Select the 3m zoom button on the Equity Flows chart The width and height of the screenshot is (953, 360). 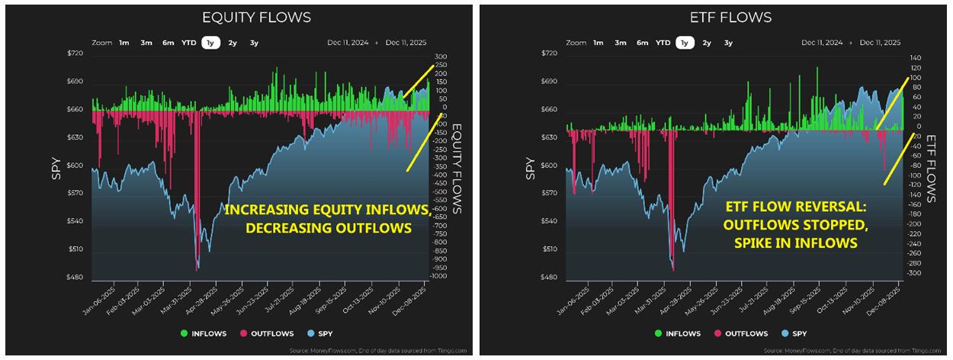coord(146,43)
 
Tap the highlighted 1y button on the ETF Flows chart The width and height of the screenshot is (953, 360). coord(684,43)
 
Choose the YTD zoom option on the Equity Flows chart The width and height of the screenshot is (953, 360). coord(188,43)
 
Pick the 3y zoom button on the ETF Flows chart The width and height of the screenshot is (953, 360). coord(728,43)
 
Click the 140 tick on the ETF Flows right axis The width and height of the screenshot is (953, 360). coord(915,58)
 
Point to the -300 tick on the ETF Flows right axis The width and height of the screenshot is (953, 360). coord(914,273)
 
